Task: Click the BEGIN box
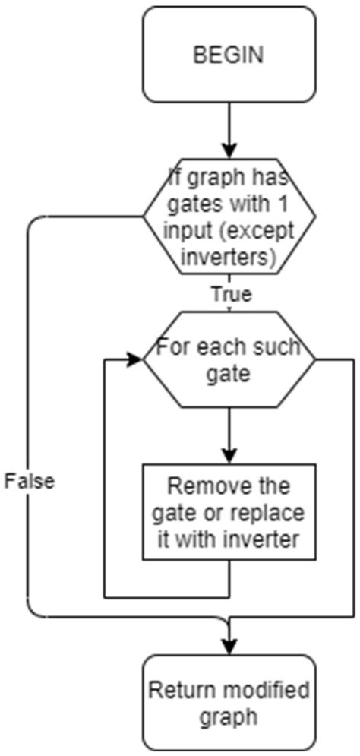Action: [229, 55]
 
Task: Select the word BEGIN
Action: [229, 55]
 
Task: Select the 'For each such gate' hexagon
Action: [229, 361]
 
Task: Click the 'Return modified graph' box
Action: [229, 703]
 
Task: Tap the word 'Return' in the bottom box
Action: [177, 691]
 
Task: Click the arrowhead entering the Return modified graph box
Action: [229, 647]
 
